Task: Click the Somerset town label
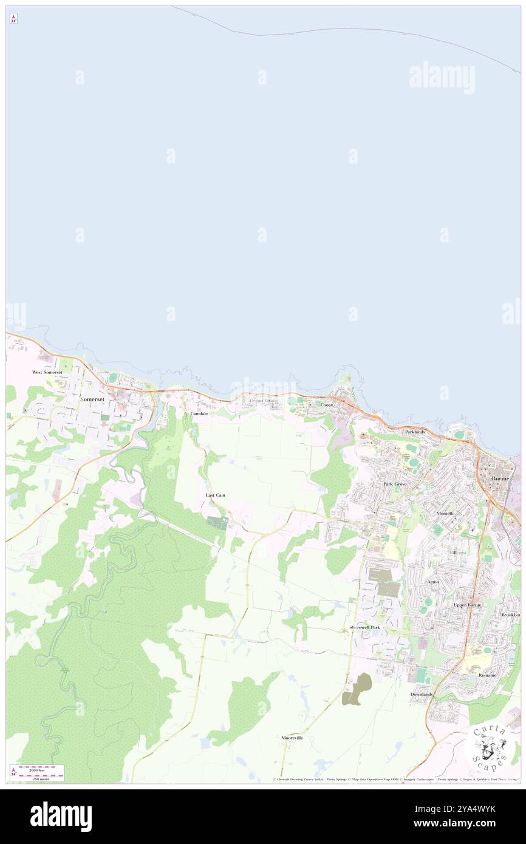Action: point(92,399)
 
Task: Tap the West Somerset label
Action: point(52,372)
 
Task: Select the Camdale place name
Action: point(199,413)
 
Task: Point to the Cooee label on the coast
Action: point(327,404)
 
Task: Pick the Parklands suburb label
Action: point(415,431)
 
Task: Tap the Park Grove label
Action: point(395,484)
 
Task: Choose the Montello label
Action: point(446,513)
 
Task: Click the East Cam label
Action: point(215,495)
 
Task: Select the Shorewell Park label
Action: point(364,627)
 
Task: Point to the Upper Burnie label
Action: point(467,605)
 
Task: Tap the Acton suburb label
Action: point(433,582)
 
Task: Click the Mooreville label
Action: point(292,738)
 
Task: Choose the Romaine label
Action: point(487,675)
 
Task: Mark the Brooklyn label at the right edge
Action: point(510,615)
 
